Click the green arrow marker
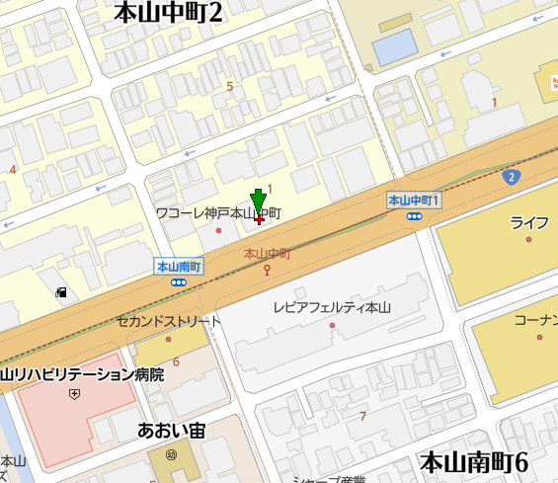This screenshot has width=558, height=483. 258,201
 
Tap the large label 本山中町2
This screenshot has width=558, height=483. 169,13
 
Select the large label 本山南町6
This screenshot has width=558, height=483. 474,461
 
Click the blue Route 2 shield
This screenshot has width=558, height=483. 511,177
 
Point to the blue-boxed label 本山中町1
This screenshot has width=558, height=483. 413,201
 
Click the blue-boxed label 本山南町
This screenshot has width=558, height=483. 179,267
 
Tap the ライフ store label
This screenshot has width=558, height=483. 528,222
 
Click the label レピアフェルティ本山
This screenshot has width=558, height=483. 332,308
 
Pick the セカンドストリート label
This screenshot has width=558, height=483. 169,322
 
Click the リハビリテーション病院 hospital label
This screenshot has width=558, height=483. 82,374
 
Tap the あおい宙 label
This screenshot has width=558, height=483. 171,431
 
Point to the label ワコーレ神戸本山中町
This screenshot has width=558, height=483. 218,213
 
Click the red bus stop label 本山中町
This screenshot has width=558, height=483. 267,254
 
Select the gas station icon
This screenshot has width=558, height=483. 61,292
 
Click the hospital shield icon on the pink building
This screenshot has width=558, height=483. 74,393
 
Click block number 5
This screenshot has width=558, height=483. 230,87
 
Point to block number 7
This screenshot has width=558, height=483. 362,416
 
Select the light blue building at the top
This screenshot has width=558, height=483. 395,45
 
